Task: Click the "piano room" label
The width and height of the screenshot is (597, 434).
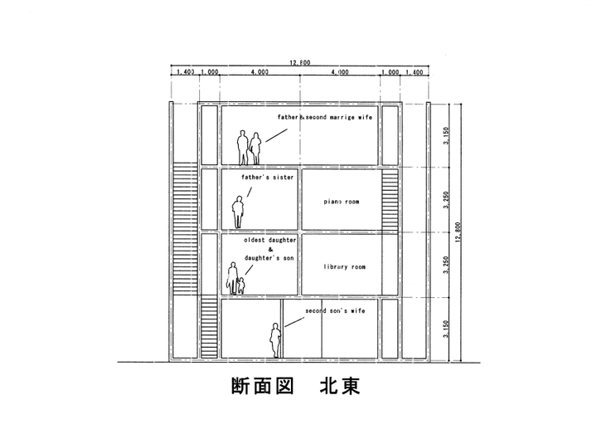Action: [x=337, y=201]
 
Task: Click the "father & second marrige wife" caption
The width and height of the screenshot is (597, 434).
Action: [x=324, y=118]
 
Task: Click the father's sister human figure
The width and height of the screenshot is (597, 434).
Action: [x=238, y=212]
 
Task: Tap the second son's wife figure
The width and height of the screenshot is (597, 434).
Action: [x=274, y=339]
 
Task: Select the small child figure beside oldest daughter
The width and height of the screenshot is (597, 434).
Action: [x=241, y=284]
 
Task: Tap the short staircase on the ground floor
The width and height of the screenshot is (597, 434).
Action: [x=209, y=329]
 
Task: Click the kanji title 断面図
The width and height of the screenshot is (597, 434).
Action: [x=257, y=387]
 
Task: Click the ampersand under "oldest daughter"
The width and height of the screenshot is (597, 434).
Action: [x=264, y=249]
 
